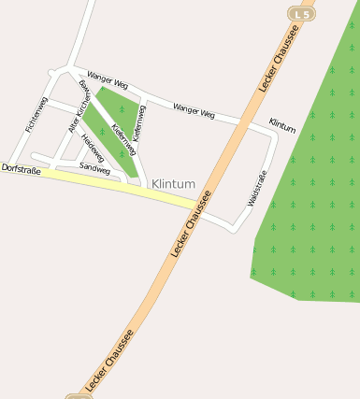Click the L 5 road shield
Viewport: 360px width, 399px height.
tap(299, 14)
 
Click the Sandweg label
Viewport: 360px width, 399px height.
tap(94, 168)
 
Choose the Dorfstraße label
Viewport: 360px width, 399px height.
tap(22, 169)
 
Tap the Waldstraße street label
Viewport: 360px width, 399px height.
tap(257, 188)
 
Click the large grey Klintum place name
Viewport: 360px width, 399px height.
tap(173, 184)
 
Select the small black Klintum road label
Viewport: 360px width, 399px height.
tap(281, 125)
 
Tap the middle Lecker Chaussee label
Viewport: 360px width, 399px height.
tap(192, 224)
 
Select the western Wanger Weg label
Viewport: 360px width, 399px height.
tap(107, 79)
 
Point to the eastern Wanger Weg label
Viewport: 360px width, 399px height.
tap(194, 112)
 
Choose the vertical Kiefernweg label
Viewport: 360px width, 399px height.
tap(140, 121)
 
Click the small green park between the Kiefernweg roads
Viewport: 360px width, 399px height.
tap(112, 117)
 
